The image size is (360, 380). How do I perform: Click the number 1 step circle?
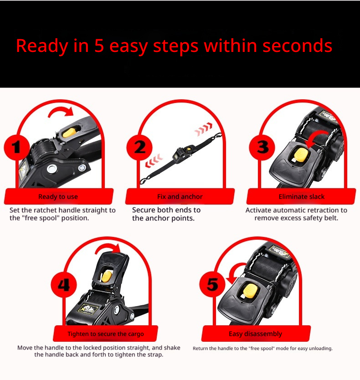(x=16, y=147)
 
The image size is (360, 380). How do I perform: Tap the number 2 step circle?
(x=139, y=147)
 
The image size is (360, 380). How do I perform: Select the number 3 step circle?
(x=262, y=147)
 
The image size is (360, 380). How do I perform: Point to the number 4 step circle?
(x=64, y=284)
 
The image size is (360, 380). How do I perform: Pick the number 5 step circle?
(x=212, y=284)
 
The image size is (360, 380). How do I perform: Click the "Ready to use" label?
(x=58, y=196)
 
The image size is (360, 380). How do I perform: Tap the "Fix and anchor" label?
(x=180, y=196)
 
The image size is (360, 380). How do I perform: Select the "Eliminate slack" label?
(x=302, y=196)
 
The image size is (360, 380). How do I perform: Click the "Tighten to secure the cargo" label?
(x=106, y=334)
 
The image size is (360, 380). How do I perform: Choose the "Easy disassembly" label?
(x=256, y=334)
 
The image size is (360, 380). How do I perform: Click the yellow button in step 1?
(x=69, y=133)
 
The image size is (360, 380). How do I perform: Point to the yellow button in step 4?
(x=107, y=277)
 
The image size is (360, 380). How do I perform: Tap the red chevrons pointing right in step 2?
(x=204, y=129)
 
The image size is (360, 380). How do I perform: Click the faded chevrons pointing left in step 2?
(x=154, y=160)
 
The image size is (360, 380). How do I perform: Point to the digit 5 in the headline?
(x=99, y=46)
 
